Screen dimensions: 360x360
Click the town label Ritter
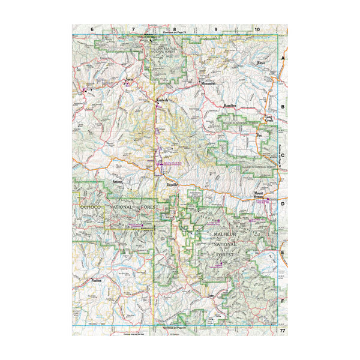(260, 62)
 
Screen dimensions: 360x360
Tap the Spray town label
(128, 79)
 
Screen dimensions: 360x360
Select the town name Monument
(208, 82)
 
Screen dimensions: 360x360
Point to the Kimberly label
(162, 100)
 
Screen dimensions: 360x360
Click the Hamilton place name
(230, 106)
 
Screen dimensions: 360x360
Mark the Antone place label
(118, 181)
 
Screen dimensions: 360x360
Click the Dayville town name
(173, 185)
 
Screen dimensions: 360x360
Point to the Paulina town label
(96, 281)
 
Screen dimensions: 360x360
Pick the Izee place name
(211, 296)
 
